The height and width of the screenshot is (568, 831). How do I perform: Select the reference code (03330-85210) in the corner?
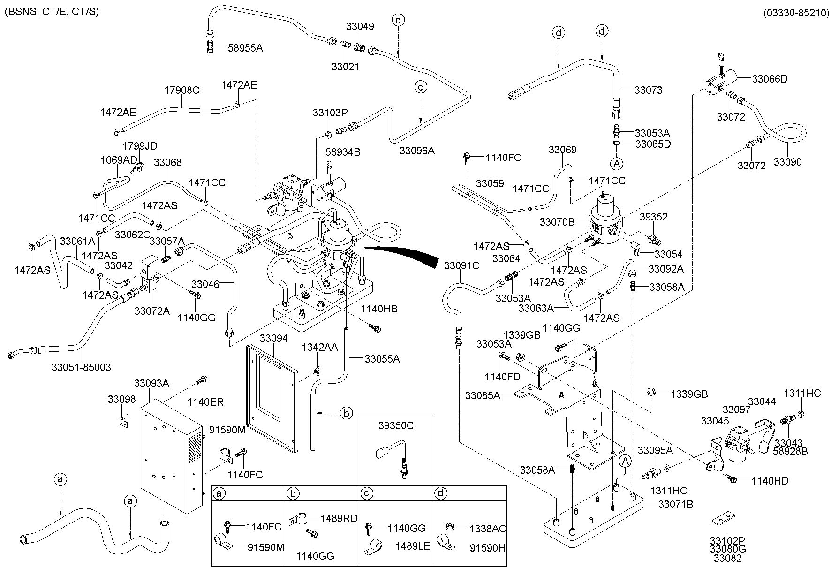pyautogui.click(x=796, y=13)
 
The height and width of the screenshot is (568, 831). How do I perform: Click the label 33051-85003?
pyautogui.click(x=81, y=367)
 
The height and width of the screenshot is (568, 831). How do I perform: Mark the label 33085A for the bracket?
pyautogui.click(x=483, y=395)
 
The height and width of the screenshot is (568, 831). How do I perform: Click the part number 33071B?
pyautogui.click(x=676, y=505)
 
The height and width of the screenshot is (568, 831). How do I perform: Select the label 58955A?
pyautogui.click(x=245, y=47)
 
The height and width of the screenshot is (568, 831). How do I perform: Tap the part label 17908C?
pyautogui.click(x=182, y=91)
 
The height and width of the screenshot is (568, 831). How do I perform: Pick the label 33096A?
pyautogui.click(x=417, y=151)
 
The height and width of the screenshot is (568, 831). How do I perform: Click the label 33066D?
pyautogui.click(x=770, y=79)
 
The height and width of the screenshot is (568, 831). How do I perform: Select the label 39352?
pyautogui.click(x=654, y=217)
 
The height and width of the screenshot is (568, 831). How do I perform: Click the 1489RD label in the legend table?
pyautogui.click(x=339, y=518)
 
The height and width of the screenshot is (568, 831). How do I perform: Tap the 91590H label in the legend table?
pyautogui.click(x=487, y=547)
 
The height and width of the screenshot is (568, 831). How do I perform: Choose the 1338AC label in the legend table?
pyautogui.click(x=488, y=529)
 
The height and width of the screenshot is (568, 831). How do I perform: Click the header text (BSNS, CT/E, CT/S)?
pyautogui.click(x=52, y=12)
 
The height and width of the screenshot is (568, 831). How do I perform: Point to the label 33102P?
pyautogui.click(x=727, y=540)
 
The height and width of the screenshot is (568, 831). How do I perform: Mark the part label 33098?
pyautogui.click(x=121, y=400)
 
